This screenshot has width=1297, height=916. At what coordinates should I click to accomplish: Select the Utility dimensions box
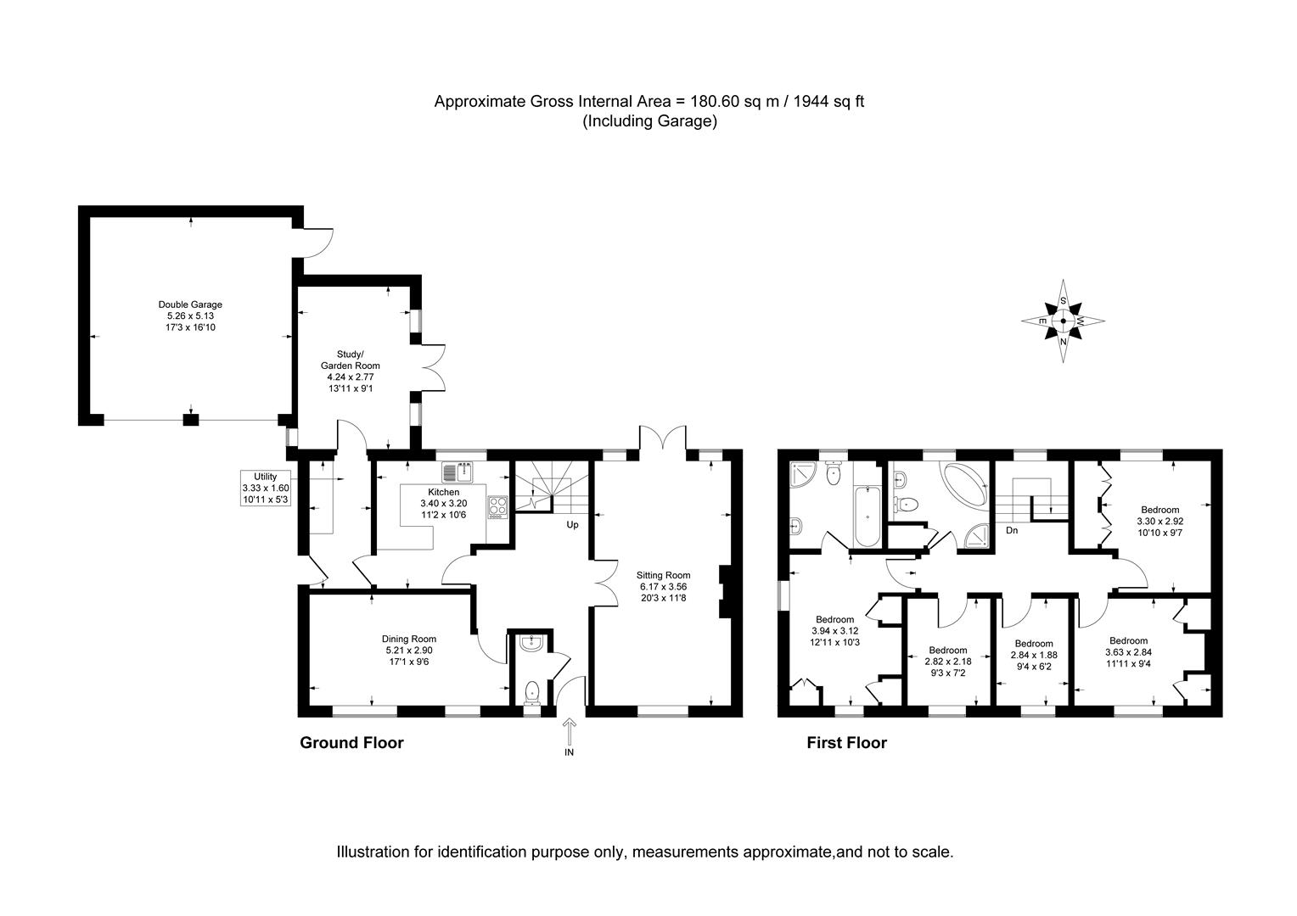(x=266, y=488)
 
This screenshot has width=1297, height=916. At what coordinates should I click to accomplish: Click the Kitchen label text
(x=443, y=492)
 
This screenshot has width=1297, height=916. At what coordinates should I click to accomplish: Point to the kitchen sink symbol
(x=457, y=471)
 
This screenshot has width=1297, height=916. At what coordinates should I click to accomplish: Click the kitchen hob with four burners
(x=497, y=506)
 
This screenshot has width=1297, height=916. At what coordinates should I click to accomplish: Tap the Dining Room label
(x=409, y=639)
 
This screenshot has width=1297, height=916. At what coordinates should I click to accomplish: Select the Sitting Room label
(x=665, y=575)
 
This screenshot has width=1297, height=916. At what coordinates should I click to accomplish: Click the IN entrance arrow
(x=569, y=731)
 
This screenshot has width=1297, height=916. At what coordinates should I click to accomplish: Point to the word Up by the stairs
(x=573, y=525)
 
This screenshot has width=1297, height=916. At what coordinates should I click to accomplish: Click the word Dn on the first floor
(x=1012, y=531)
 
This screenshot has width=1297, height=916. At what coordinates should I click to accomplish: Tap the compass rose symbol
(x=1064, y=321)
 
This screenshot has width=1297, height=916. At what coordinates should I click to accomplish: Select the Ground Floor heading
(x=351, y=743)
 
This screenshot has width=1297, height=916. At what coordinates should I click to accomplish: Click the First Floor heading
(x=846, y=743)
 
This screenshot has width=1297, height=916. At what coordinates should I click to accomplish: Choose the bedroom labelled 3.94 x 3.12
(x=834, y=631)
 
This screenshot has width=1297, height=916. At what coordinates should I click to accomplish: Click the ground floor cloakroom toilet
(x=532, y=691)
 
